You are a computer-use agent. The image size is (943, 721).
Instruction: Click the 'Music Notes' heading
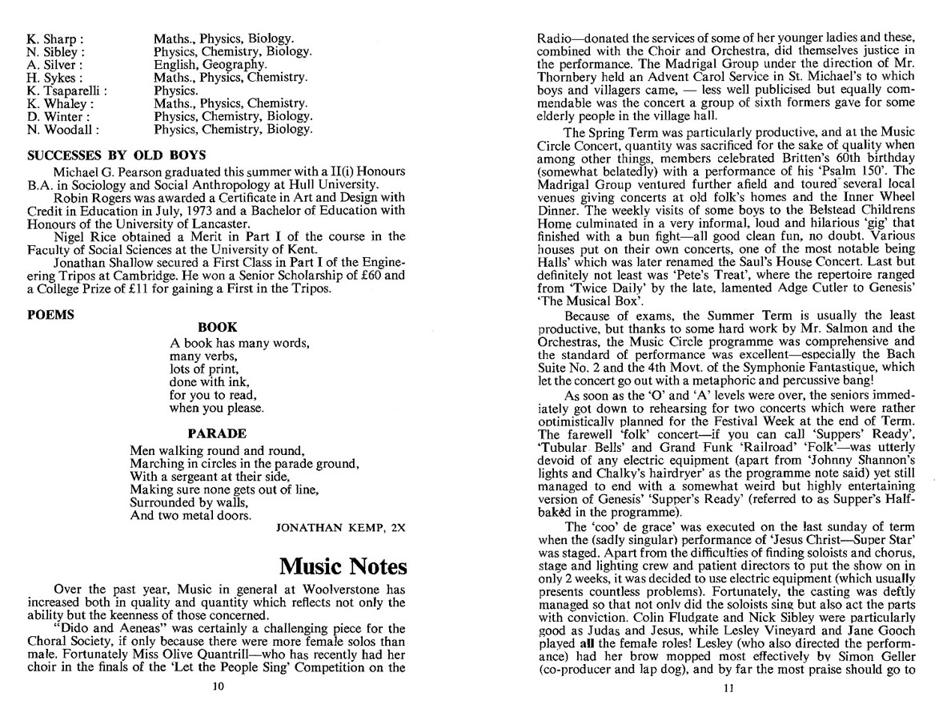[343, 567]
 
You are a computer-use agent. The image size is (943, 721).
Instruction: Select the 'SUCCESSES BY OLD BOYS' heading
[117, 155]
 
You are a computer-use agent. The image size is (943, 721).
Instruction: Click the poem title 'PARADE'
[217, 433]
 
